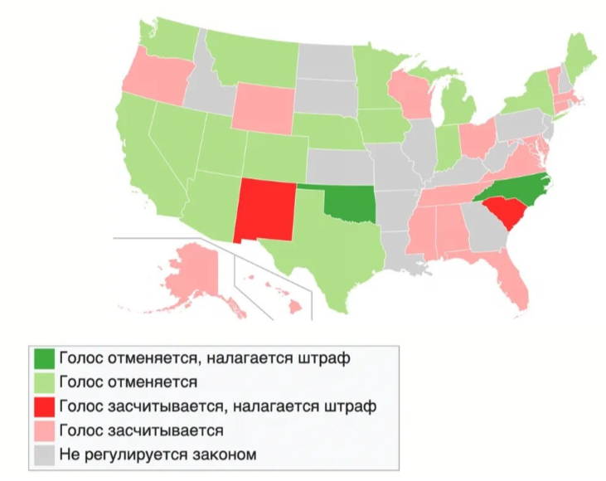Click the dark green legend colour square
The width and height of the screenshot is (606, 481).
click(45, 359)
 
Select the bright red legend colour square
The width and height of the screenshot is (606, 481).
click(45, 407)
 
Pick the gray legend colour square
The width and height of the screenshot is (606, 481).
click(45, 454)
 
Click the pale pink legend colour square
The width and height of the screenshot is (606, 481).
click(45, 430)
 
